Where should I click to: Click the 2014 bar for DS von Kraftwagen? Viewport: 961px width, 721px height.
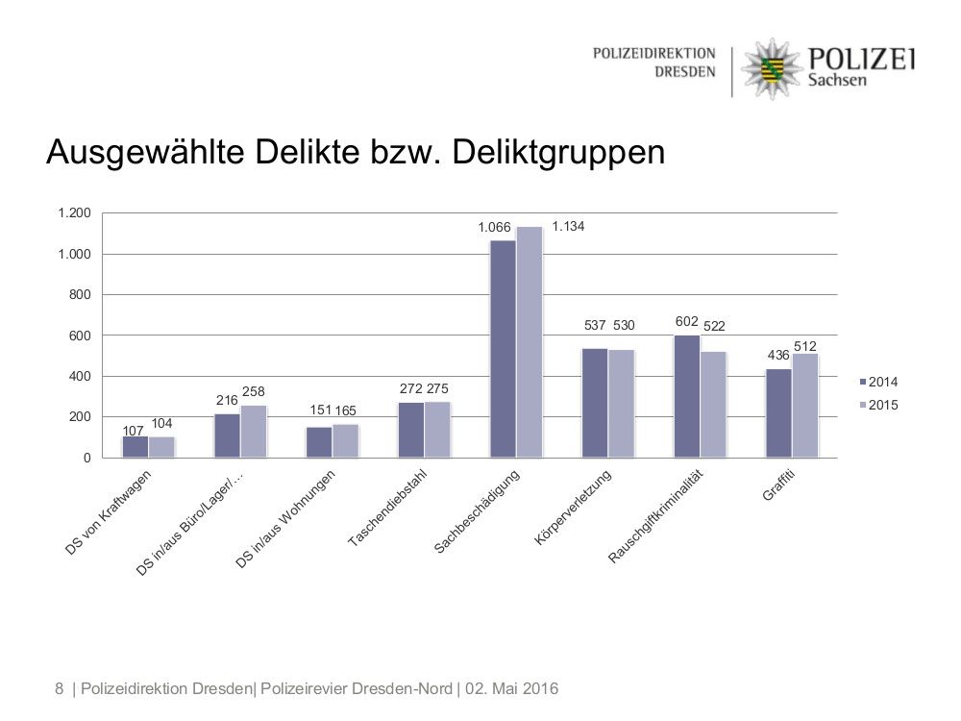pyautogui.click(x=136, y=447)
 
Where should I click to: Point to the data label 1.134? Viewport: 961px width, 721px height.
pyautogui.click(x=568, y=227)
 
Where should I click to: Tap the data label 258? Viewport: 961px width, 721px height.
pyautogui.click(x=253, y=391)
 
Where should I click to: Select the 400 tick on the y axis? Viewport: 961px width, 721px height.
pyautogui.click(x=80, y=376)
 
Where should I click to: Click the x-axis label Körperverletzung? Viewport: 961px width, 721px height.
pyautogui.click(x=574, y=509)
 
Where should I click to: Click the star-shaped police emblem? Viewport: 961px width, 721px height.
pyautogui.click(x=770, y=67)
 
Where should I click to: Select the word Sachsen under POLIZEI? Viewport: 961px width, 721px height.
pyautogui.click(x=836, y=80)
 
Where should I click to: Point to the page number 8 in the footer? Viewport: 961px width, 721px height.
pyautogui.click(x=60, y=688)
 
